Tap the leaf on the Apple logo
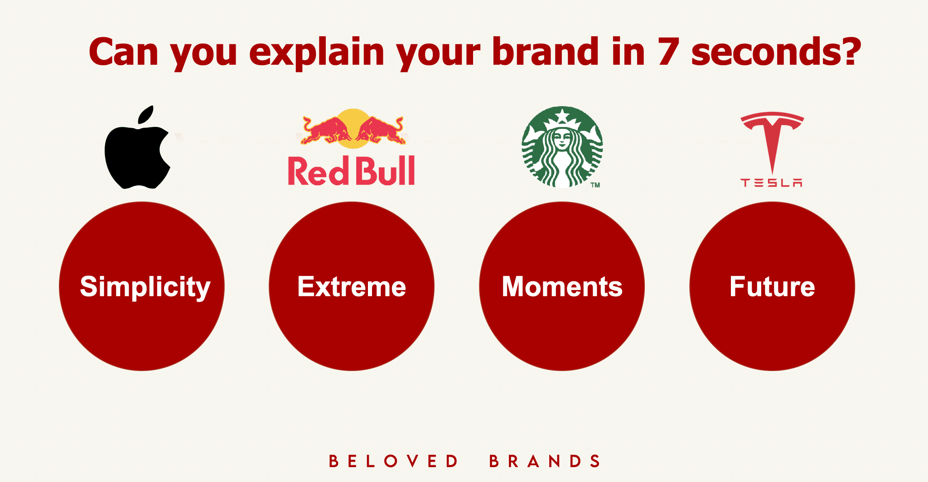pyautogui.click(x=146, y=115)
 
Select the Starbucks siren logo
pyautogui.click(x=562, y=147)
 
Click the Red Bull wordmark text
pyautogui.click(x=351, y=171)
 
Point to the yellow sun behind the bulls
pyautogui.click(x=353, y=128)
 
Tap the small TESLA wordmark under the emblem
pyautogui.click(x=772, y=183)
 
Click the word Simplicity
pyautogui.click(x=145, y=287)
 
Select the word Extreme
pyautogui.click(x=352, y=287)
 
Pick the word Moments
pyautogui.click(x=562, y=287)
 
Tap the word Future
pyautogui.click(x=772, y=287)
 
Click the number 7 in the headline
pyautogui.click(x=668, y=52)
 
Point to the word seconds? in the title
pyautogui.click(x=776, y=52)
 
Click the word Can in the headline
pyautogui.click(x=123, y=52)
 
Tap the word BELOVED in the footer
pyautogui.click(x=393, y=461)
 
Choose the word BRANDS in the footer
pyautogui.click(x=545, y=461)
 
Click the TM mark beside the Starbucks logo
pyautogui.click(x=595, y=185)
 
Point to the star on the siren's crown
pyautogui.click(x=562, y=116)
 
